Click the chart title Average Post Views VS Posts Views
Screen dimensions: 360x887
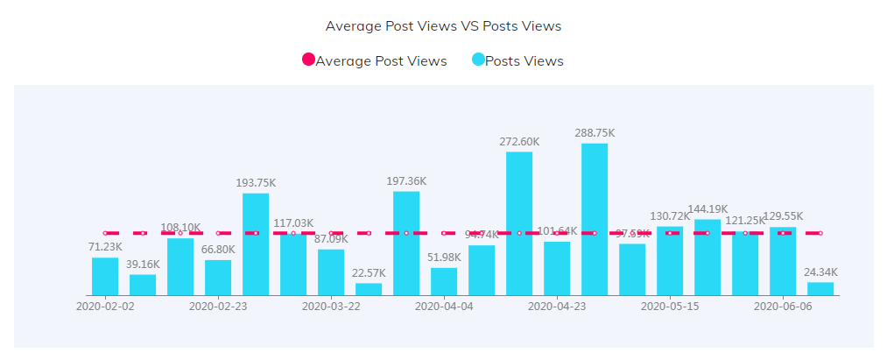click(443, 26)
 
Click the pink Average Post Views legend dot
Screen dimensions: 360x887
click(308, 60)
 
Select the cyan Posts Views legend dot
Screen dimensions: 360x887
click(478, 60)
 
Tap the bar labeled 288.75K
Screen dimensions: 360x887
click(595, 219)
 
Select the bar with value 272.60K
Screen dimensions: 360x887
click(519, 223)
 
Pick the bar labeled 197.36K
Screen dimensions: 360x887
click(406, 243)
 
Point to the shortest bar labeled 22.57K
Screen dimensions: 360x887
click(369, 289)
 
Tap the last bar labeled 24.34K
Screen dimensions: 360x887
click(820, 288)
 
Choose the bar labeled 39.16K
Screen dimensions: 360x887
click(143, 285)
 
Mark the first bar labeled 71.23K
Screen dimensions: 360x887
click(105, 276)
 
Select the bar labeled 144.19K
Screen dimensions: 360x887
click(707, 257)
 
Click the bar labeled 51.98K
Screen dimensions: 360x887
click(444, 281)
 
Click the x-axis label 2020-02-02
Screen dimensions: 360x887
click(105, 307)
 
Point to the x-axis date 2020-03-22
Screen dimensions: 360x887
click(331, 307)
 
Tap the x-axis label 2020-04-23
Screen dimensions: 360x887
click(557, 307)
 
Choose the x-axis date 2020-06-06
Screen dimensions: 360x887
click(783, 307)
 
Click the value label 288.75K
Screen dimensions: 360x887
click(595, 133)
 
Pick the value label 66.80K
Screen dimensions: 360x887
click(218, 250)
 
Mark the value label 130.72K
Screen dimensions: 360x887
click(670, 216)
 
